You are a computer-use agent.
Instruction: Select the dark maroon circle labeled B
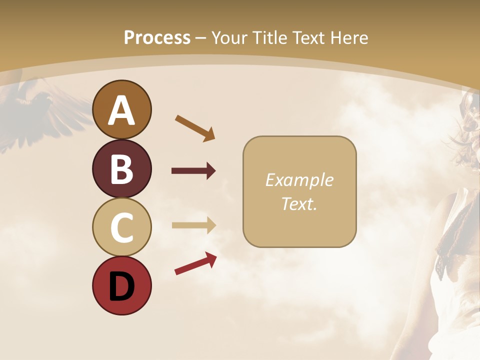pos(121,168)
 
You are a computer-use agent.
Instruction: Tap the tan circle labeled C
pos(121,227)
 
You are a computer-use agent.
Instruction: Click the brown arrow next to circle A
pos(195,127)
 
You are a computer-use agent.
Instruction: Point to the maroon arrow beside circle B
pos(193,171)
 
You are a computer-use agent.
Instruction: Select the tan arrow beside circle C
pos(193,225)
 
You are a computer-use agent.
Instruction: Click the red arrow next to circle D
pos(195,263)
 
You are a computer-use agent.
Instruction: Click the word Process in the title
pos(157,37)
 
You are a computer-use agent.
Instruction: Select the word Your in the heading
pos(230,37)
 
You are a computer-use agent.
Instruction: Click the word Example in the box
pos(299,180)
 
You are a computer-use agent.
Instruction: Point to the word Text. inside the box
pos(299,203)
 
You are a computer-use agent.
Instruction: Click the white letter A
pos(121,110)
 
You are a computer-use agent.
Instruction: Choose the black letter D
pos(121,285)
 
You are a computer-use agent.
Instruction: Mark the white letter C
pos(121,227)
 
